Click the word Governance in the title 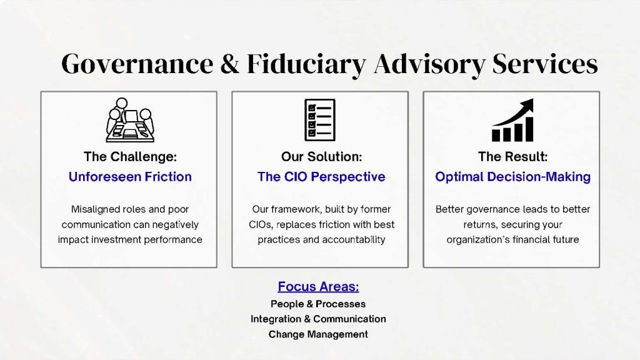[137, 64]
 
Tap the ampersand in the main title [230, 64]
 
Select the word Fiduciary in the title [306, 64]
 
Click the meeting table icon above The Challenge [130, 120]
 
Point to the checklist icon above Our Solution [320, 120]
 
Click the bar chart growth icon [512, 120]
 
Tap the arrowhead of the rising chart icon [527, 105]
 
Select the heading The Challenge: [130, 157]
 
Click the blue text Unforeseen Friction [130, 177]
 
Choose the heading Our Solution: [322, 157]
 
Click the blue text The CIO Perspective [321, 177]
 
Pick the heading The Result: [512, 157]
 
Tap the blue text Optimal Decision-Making [512, 177]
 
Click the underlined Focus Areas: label [318, 286]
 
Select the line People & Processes [318, 304]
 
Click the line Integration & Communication [318, 319]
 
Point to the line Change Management [318, 334]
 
